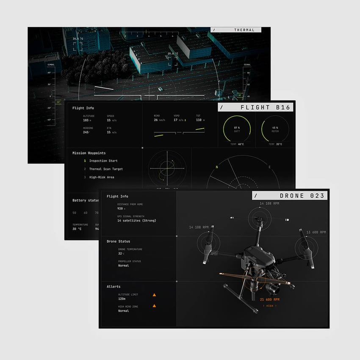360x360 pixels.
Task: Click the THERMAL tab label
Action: pos(244,30)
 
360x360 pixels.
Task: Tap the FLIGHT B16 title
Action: pos(265,108)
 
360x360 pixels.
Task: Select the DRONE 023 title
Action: pos(302,196)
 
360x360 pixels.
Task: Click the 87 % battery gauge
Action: pos(237,129)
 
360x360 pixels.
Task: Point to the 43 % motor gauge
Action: pos(275,129)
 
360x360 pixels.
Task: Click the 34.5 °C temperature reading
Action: pos(78,39)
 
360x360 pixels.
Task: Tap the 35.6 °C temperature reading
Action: pos(173,54)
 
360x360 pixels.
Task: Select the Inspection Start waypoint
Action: pos(103,161)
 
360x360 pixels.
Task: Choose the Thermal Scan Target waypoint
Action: pos(106,169)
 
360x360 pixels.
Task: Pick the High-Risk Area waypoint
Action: pos(101,177)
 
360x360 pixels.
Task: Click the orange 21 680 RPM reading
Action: pos(269,299)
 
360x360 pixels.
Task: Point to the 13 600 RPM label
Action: pos(316,232)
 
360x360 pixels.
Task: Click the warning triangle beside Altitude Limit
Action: pos(154,294)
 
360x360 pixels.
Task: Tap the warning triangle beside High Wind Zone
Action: pos(154,305)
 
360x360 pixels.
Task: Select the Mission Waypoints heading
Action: pos(89,153)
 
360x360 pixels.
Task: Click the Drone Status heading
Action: pos(118,241)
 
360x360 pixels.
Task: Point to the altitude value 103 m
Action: pos(87,120)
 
